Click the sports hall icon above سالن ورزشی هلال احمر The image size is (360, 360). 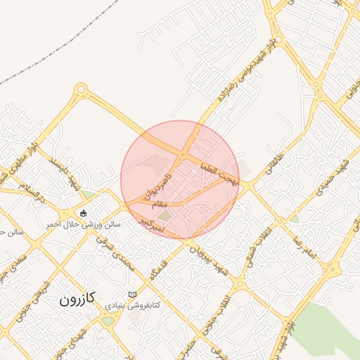pos(84,213)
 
